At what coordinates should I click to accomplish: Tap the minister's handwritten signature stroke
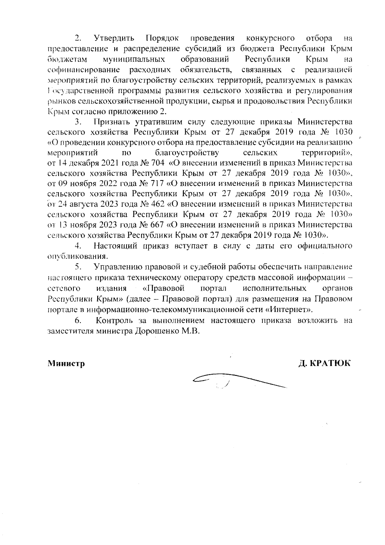click(x=237, y=379)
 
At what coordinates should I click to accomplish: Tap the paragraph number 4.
click(x=78, y=246)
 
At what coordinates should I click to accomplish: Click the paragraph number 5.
click(x=78, y=267)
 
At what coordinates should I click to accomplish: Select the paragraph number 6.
click(x=78, y=320)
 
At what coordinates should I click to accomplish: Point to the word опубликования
click(x=77, y=257)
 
